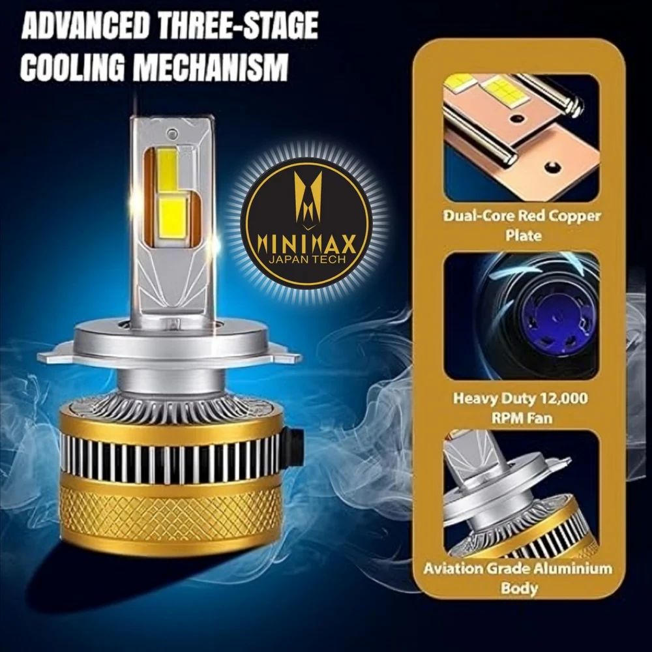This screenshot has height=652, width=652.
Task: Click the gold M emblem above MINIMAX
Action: pyautogui.click(x=307, y=198)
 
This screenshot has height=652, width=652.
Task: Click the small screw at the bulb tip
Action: pyautogui.click(x=171, y=134)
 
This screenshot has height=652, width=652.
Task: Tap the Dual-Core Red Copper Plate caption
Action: pyautogui.click(x=522, y=226)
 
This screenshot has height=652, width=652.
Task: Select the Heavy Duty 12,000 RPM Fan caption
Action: pyautogui.click(x=521, y=408)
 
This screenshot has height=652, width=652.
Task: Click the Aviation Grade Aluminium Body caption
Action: pyautogui.click(x=518, y=578)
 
